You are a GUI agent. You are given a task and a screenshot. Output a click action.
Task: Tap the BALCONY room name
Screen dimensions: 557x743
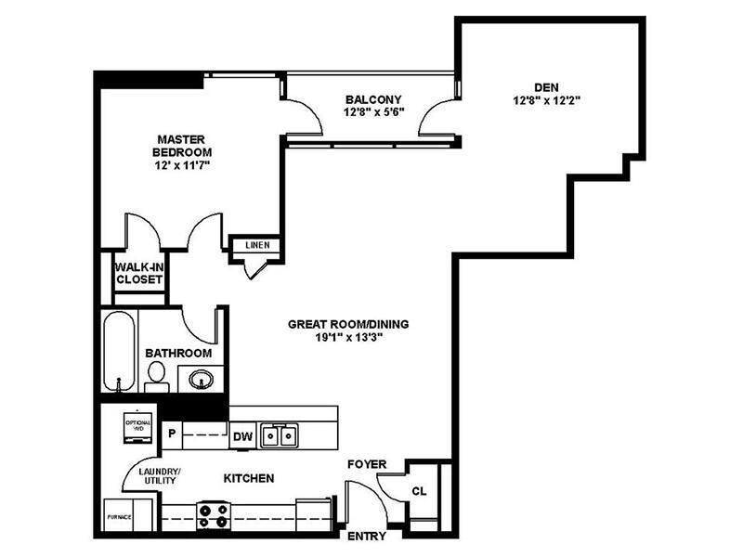point(372,99)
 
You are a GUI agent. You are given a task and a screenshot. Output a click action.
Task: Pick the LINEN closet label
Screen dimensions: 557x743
point(257,245)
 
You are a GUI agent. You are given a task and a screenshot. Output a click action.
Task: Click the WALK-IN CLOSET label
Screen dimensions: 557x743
point(139,272)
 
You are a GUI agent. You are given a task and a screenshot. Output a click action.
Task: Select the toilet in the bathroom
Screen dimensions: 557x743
point(156,375)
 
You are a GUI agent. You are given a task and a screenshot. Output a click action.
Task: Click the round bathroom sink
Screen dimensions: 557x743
point(200,378)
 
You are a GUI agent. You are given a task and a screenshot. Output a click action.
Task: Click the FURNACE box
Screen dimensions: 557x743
point(118,516)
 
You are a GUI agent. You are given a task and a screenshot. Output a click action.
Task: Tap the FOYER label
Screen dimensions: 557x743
point(367,463)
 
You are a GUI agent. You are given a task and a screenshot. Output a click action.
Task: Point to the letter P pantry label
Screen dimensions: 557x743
point(172,433)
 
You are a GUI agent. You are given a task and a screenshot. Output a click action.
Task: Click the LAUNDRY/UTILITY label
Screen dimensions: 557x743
point(159,476)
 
